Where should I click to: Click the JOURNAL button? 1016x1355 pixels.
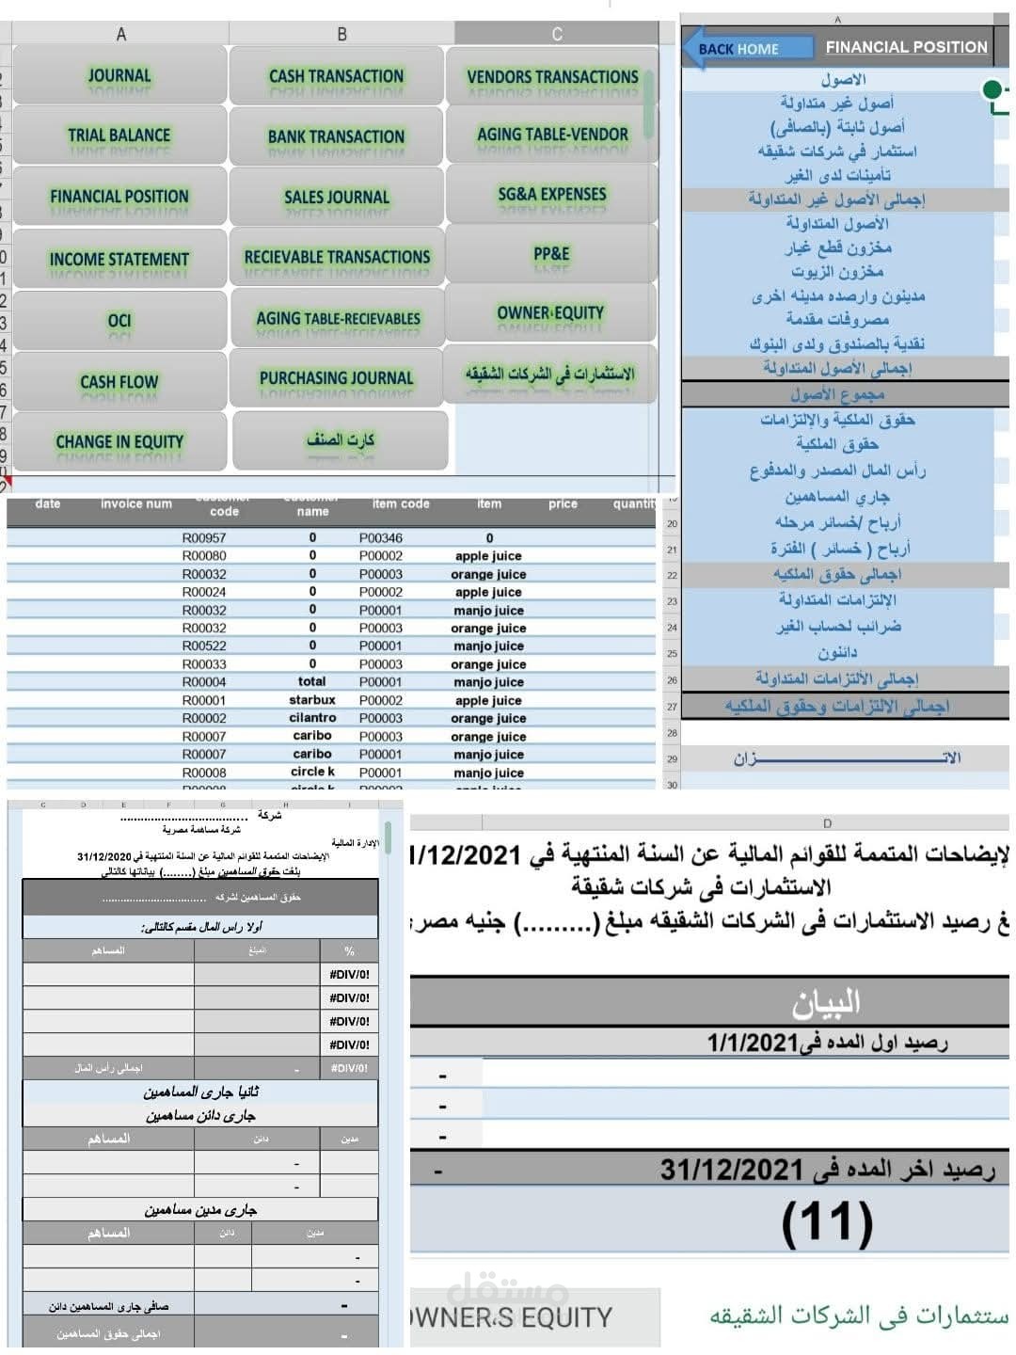119,75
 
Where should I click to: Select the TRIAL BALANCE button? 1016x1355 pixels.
119,135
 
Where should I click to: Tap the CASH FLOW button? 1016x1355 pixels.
119,381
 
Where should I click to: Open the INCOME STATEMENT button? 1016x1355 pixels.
119,259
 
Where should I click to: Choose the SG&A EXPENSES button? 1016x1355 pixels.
552,194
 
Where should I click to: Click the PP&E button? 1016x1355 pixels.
552,253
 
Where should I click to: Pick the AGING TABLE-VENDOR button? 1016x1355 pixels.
552,135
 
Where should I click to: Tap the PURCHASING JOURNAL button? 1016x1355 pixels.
337,378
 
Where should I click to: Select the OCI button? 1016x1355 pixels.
119,320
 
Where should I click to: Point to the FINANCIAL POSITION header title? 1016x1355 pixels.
906,47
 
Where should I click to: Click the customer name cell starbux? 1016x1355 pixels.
312,700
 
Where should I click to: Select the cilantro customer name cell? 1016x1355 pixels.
312,718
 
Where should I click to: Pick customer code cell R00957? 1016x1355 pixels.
204,538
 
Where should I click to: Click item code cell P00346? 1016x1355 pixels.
381,538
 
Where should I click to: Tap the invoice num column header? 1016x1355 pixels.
136,504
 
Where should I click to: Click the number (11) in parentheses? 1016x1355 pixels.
827,1222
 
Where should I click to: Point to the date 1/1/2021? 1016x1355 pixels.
749,1043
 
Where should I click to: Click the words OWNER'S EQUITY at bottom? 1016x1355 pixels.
513,1317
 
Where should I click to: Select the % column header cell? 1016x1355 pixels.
349,951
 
